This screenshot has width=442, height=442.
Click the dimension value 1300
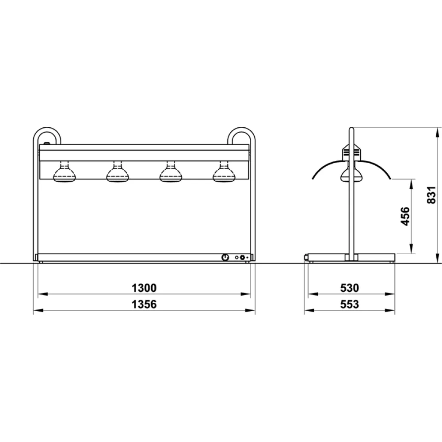[144, 288]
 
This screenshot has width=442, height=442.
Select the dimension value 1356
[144, 305]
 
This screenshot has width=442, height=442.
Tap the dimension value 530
[349, 288]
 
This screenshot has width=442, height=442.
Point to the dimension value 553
[349, 305]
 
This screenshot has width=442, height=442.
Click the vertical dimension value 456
[405, 216]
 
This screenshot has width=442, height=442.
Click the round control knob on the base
[225, 257]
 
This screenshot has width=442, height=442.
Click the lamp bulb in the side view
[348, 175]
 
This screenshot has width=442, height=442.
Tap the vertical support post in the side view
[351, 212]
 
